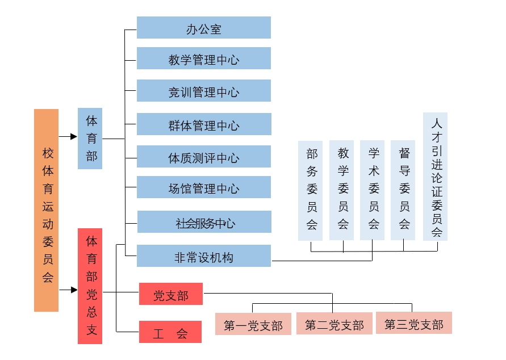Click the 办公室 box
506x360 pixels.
203,28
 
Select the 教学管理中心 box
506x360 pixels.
203,58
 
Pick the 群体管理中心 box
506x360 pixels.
203,124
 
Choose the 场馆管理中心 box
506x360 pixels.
203,187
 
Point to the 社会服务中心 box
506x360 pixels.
204,222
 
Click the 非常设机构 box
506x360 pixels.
204,256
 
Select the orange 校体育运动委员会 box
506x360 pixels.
47,210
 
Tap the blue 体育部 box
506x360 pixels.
90,138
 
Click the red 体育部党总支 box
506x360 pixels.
90,286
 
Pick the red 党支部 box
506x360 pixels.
170,295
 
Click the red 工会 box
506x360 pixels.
170,332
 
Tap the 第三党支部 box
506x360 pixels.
414,323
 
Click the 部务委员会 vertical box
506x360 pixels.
311,190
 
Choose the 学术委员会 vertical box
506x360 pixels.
373,190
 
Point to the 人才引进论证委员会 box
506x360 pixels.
436,176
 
